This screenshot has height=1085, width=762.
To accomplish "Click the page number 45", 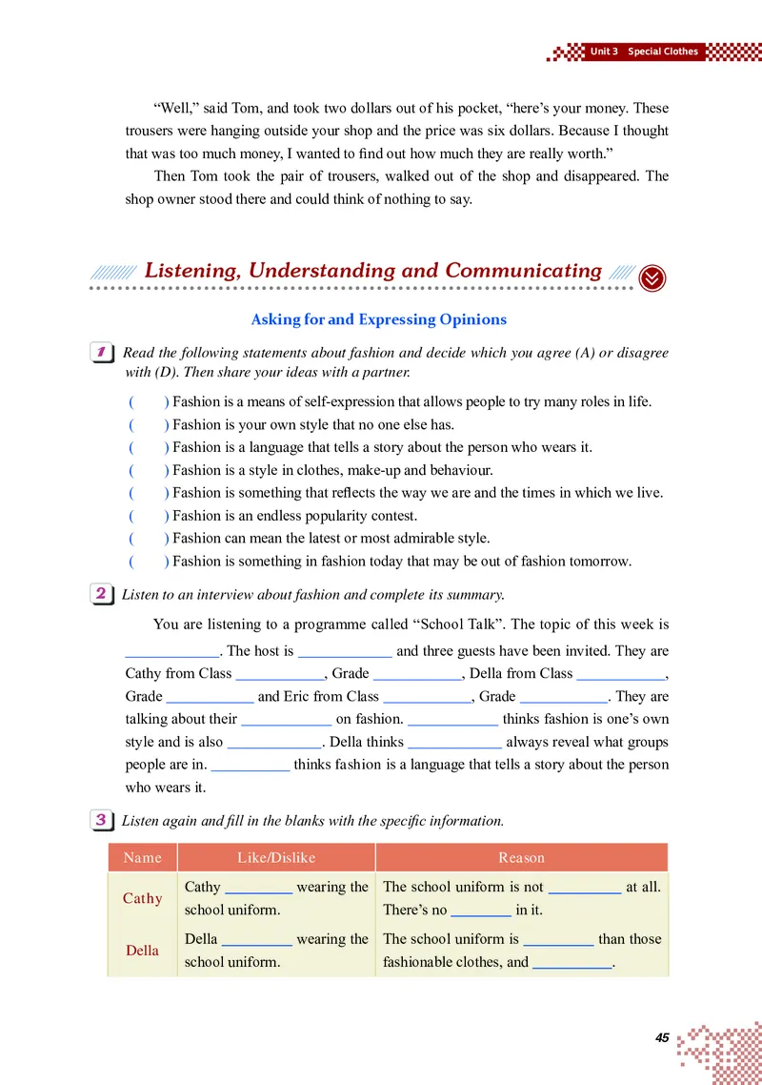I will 663,1037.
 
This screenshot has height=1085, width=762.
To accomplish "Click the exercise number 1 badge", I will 101,353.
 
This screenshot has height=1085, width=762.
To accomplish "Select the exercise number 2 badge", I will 101,594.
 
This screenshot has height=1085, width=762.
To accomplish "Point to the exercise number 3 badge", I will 101,820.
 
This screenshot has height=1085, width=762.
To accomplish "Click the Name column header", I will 143,857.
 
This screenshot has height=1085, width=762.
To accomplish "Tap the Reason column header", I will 522,857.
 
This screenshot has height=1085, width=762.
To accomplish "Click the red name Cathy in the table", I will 143,898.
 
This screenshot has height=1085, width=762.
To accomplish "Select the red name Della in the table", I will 143,951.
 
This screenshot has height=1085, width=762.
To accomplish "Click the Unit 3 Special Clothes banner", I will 644,51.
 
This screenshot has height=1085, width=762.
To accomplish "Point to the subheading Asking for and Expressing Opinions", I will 379,319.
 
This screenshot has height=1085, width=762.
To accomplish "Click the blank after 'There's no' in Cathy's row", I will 481,910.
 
